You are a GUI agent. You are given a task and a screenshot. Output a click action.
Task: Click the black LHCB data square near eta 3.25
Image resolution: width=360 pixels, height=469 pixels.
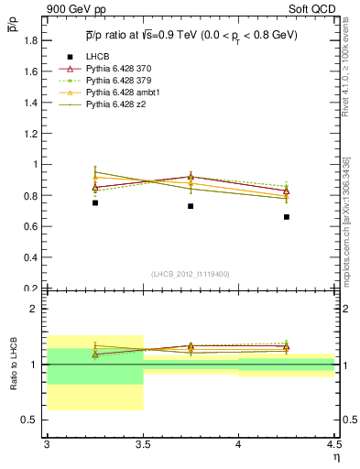(x=94, y=202)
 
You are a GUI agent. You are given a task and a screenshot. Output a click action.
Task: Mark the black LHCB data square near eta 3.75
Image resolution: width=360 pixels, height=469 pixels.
(x=191, y=206)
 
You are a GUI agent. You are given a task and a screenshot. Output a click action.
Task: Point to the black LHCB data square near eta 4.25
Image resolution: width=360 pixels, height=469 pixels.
(x=287, y=217)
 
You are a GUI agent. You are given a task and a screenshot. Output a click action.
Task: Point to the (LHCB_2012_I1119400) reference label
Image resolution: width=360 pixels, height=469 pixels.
(x=190, y=274)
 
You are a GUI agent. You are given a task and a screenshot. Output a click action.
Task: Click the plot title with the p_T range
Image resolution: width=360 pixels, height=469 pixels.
(x=191, y=35)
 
